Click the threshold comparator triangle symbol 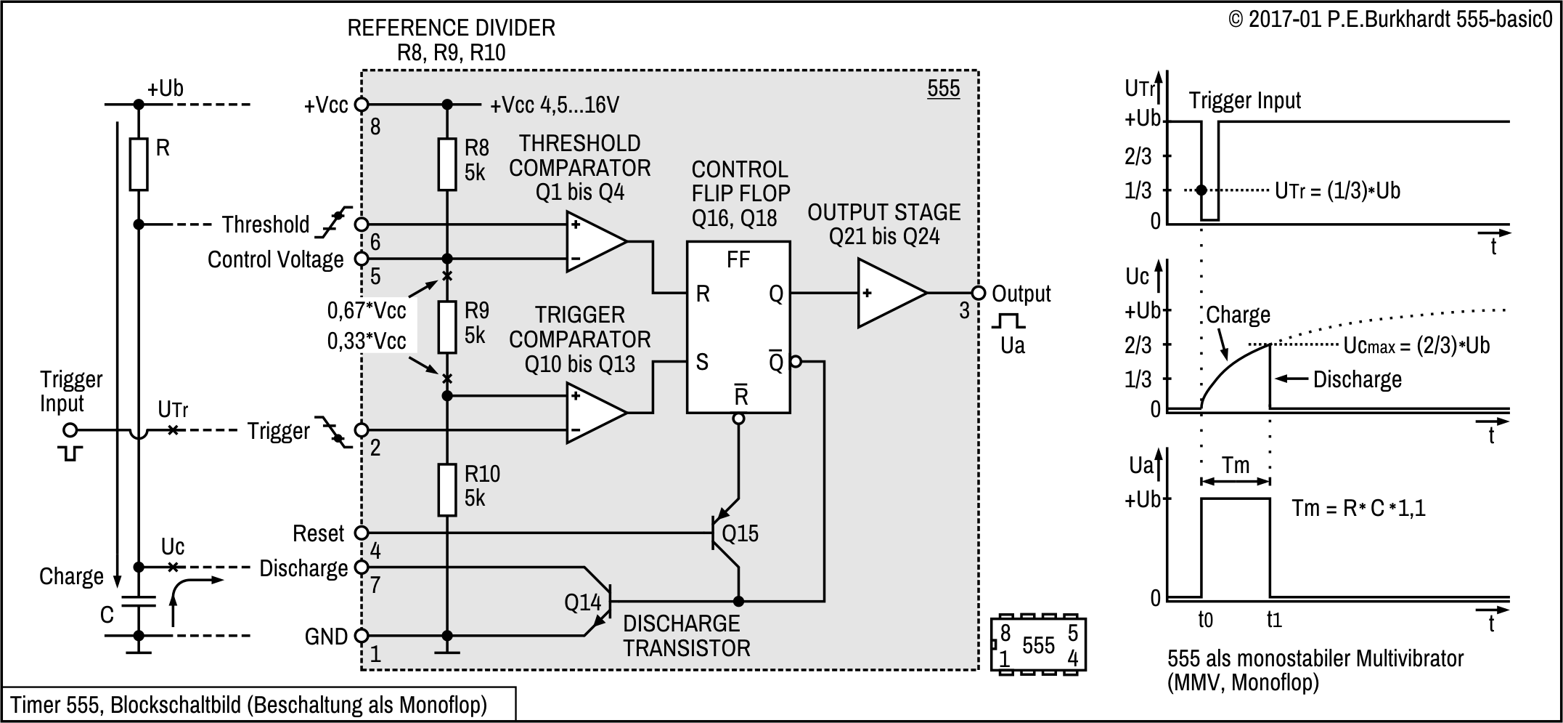(x=594, y=241)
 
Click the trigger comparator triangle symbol (x=594, y=413)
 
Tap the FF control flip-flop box (x=738, y=327)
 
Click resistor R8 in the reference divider (x=447, y=164)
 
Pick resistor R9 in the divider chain (x=447, y=327)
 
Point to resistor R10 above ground (x=447, y=490)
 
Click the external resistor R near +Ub (x=139, y=164)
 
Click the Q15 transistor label (x=740, y=534)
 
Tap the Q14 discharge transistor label (x=583, y=602)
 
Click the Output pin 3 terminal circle (x=978, y=293)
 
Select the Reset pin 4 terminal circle (x=361, y=533)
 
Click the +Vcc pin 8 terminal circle (x=361, y=105)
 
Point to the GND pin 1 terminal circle (x=361, y=636)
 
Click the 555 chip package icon (x=1039, y=645)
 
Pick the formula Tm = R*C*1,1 (x=1358, y=508)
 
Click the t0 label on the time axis (x=1205, y=620)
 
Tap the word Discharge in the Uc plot (x=1357, y=379)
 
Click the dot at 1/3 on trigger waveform (x=1201, y=190)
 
